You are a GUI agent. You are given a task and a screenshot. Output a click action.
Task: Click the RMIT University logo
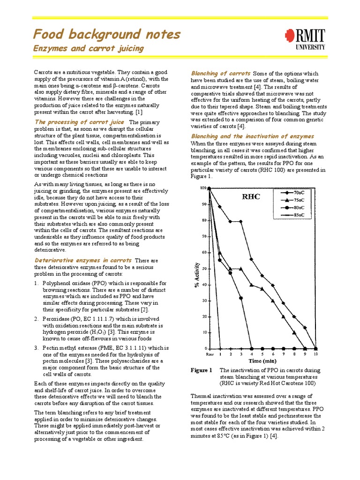click(x=304, y=38)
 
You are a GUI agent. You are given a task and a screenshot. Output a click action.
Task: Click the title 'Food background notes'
click(x=106, y=34)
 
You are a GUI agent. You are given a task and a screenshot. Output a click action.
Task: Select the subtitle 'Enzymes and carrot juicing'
click(x=88, y=49)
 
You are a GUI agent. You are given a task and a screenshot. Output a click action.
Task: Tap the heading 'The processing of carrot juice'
click(x=80, y=122)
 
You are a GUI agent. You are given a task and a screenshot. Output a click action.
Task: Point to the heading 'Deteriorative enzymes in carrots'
click(x=83, y=260)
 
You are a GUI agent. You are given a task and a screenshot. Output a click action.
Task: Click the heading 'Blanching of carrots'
click(x=221, y=74)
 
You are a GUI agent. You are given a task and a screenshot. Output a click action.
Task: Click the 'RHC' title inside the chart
click(x=251, y=196)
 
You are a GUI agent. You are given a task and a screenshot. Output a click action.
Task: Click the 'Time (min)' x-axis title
click(x=262, y=361)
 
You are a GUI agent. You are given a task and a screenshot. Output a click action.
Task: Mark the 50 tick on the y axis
click(x=203, y=269)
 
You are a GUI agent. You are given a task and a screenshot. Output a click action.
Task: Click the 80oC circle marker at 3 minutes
click(x=241, y=298)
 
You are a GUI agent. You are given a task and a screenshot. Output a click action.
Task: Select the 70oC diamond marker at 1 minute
click(x=219, y=207)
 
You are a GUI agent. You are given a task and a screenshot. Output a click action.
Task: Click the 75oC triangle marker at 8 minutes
click(x=294, y=333)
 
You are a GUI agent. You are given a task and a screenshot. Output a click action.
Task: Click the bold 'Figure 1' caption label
click(x=201, y=370)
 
